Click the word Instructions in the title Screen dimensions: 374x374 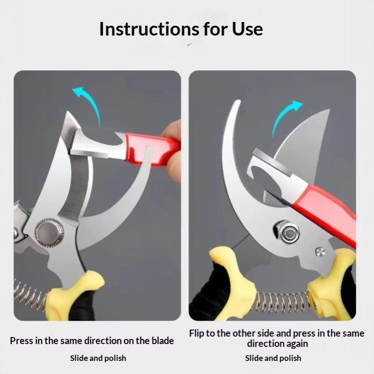point(149,29)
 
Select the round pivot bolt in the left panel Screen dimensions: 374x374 point(49,232)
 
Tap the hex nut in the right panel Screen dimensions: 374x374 point(287,232)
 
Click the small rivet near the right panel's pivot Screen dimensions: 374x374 point(320,252)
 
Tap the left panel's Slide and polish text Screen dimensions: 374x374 point(98,358)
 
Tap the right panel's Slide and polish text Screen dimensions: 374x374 point(273,358)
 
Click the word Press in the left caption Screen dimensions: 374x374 point(22,341)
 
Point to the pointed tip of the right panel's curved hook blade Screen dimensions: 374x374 point(238,101)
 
